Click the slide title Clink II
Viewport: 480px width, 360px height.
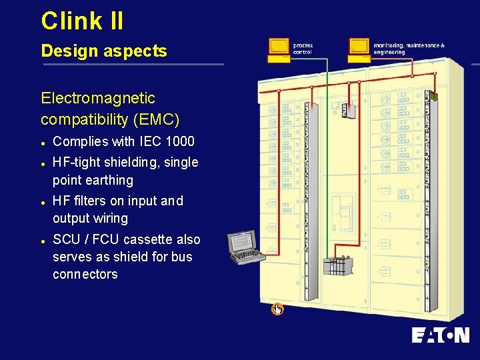tap(82, 21)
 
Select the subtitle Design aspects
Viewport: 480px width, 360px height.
tap(103, 51)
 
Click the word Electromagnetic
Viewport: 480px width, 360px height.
tap(97, 99)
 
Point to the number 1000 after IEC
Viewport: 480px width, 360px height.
tap(181, 141)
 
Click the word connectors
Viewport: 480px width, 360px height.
tap(85, 275)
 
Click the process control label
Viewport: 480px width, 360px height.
tap(303, 49)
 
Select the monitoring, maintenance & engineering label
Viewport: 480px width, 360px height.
tap(408, 49)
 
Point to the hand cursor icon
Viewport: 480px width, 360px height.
tap(277, 309)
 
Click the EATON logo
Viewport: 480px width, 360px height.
tap(439, 335)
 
